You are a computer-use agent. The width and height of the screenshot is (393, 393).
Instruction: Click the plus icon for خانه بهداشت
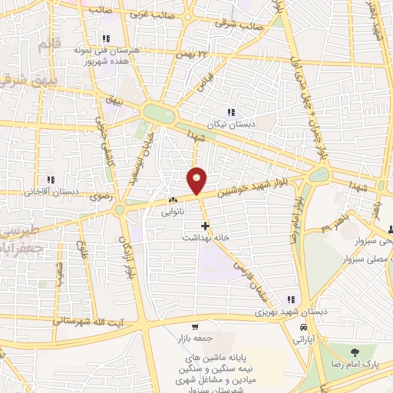pos(204,226)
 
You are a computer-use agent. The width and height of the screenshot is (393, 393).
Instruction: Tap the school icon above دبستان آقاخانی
pos(50,180)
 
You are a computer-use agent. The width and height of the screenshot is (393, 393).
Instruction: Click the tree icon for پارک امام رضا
pos(354,352)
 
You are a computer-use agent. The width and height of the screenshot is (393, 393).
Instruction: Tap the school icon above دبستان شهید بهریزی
pos(289,299)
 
